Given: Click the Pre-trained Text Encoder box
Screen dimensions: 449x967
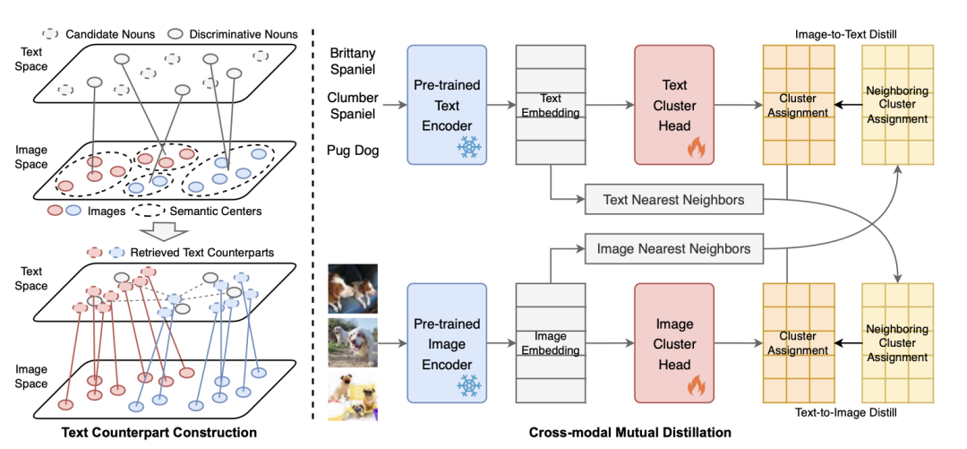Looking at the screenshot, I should click(447, 105).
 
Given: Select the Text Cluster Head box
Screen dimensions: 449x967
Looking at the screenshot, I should click(674, 105).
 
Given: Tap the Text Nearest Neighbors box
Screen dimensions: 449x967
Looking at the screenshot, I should click(673, 200).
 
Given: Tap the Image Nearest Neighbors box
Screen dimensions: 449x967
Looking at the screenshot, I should click(673, 248).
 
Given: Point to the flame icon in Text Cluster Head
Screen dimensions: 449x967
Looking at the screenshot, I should click(696, 149).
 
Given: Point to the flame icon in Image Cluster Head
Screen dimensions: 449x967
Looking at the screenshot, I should click(696, 386).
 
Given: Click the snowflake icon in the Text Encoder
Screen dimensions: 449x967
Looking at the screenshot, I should click(467, 148).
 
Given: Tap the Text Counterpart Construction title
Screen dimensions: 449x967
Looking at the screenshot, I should click(158, 432).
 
